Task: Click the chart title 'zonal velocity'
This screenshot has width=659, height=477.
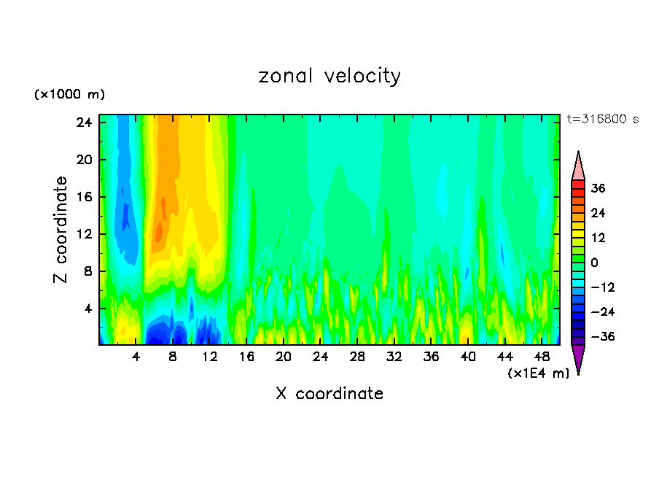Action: (329, 76)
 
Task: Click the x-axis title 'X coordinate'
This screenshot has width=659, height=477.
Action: (329, 394)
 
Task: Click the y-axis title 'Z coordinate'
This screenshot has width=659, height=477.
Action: (61, 230)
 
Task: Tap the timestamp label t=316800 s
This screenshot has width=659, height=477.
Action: (603, 119)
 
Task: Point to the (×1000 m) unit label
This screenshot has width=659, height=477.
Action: (69, 95)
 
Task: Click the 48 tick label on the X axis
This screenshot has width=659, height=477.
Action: (542, 357)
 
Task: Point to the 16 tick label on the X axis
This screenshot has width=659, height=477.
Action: (246, 357)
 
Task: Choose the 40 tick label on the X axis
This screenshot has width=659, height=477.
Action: (468, 357)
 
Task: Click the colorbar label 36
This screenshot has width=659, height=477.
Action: (598, 188)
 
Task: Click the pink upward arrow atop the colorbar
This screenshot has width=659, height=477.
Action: (578, 166)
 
